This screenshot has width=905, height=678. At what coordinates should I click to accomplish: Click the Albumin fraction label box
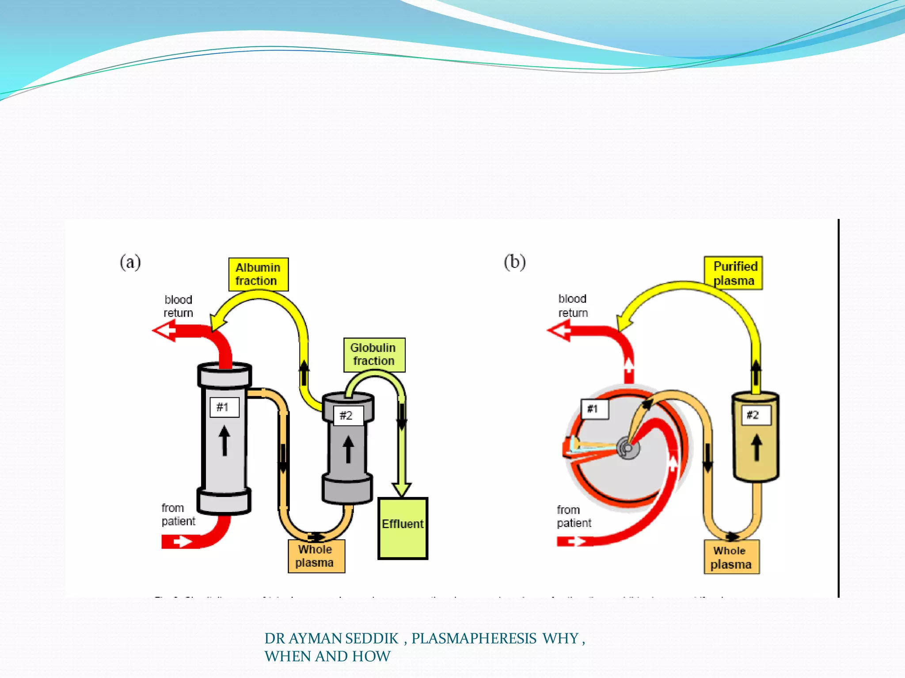[x=258, y=274]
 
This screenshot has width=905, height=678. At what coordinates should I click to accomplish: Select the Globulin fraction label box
[x=374, y=354]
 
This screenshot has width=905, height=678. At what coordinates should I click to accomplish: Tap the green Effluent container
[x=403, y=528]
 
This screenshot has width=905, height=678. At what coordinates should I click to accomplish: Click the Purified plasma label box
[x=734, y=273]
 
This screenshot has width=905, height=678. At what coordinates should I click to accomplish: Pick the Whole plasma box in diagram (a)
[x=316, y=556]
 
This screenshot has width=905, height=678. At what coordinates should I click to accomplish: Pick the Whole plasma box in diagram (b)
[x=731, y=557]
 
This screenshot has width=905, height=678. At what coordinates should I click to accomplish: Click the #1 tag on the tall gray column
[x=224, y=407]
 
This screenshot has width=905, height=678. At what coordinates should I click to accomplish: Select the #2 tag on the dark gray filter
[x=348, y=415]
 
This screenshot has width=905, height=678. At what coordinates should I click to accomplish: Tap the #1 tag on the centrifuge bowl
[x=594, y=409]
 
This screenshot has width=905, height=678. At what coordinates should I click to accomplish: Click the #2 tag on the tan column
[x=755, y=415]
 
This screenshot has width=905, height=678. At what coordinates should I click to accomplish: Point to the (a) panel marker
[x=130, y=262]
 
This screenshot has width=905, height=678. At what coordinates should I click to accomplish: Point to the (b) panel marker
[x=515, y=262]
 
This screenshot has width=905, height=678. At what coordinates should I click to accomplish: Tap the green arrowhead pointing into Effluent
[x=402, y=490]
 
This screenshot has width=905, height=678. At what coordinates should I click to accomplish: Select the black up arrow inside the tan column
[x=757, y=447]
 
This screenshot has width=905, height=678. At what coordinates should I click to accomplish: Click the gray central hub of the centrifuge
[x=628, y=448]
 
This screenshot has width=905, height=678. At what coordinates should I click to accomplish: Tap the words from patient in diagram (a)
[x=178, y=515]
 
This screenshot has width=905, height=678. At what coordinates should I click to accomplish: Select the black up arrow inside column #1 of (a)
[x=224, y=440]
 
